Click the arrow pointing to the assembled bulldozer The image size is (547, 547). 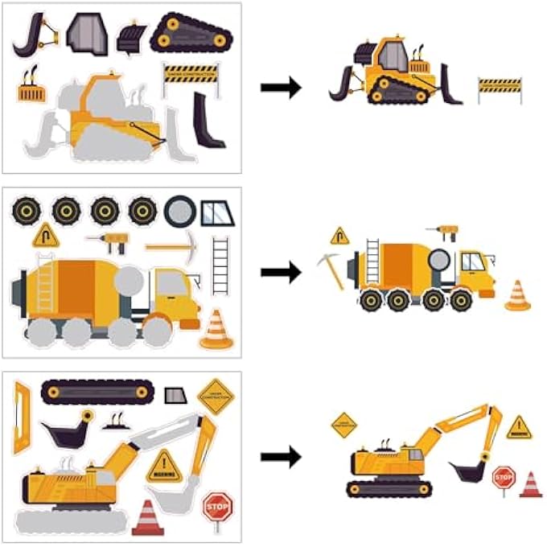point(281,88)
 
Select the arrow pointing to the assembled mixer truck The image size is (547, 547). point(281,273)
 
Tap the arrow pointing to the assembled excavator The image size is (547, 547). point(281,457)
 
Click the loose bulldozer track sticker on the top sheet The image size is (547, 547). point(192,33)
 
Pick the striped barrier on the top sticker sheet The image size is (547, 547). point(191,75)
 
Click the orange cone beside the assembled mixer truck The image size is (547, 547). point(517,295)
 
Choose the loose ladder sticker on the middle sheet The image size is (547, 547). point(220,265)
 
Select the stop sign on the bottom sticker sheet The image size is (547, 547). point(216,508)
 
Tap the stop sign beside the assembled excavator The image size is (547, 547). point(503,478)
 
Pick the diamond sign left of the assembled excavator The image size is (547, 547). point(344,425)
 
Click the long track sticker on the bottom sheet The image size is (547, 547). point(97,391)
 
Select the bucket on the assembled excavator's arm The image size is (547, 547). point(464,471)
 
